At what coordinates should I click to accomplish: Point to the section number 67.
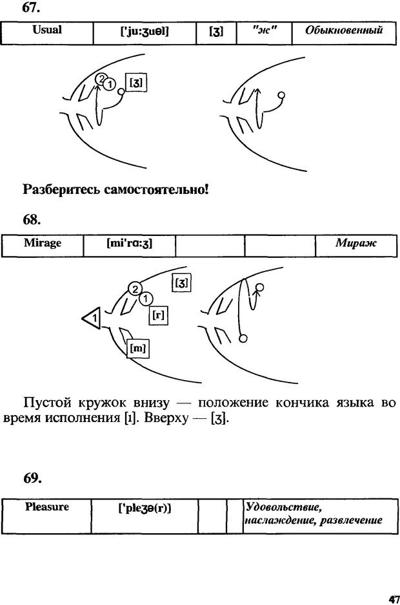(x=31, y=8)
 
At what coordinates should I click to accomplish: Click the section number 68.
(x=32, y=220)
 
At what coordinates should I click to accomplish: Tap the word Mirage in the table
(x=43, y=243)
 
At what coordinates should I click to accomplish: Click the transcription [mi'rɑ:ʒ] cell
(x=130, y=244)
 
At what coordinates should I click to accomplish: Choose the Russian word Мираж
(x=355, y=244)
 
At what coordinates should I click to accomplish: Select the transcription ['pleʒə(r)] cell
(x=145, y=509)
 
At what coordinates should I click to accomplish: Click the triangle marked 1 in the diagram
(x=92, y=318)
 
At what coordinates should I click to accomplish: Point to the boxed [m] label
(x=137, y=348)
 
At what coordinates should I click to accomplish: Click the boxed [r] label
(x=159, y=316)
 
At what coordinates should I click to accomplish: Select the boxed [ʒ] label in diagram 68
(x=182, y=282)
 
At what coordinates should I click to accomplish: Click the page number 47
(x=392, y=599)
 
